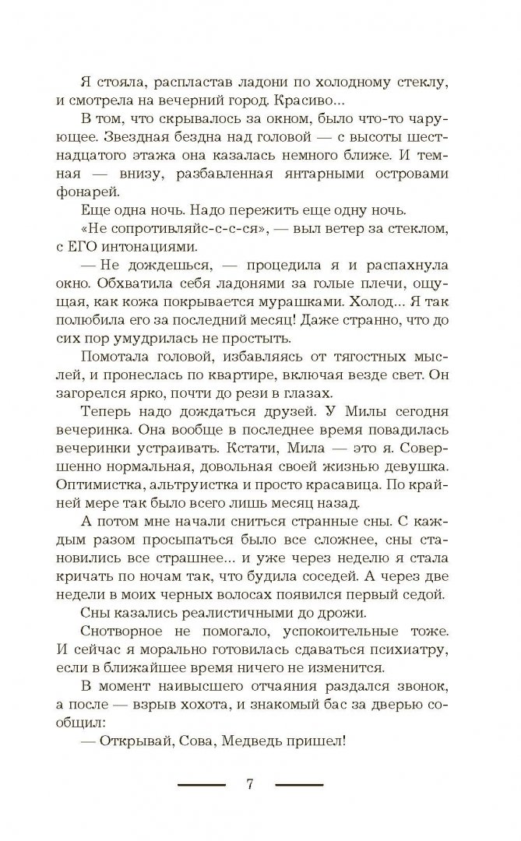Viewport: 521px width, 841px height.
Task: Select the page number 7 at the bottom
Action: [250, 786]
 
